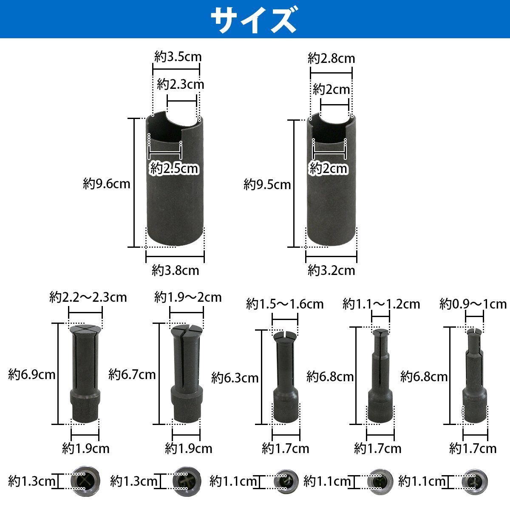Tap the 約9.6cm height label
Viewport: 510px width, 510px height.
pyautogui.click(x=106, y=184)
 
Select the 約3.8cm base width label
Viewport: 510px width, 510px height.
pyautogui.click(x=175, y=270)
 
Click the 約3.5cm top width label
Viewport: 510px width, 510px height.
pyautogui.click(x=178, y=57)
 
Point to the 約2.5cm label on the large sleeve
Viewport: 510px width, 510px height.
pyautogui.click(x=174, y=169)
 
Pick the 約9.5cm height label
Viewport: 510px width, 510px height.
pyautogui.click(x=267, y=184)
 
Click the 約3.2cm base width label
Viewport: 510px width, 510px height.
pyautogui.click(x=331, y=270)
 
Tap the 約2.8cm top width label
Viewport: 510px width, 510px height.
pyautogui.click(x=331, y=58)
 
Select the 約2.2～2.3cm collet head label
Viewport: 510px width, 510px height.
pyautogui.click(x=88, y=297)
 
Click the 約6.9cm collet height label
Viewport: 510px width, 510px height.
pyautogui.click(x=32, y=374)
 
